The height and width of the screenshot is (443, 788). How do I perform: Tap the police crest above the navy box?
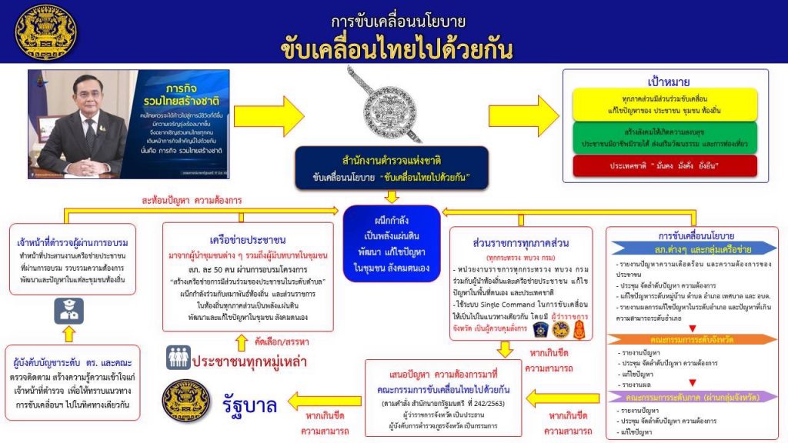coord(394,104)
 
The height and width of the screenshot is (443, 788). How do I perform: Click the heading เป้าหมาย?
coord(664,82)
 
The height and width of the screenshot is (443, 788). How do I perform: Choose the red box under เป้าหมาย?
coord(664,166)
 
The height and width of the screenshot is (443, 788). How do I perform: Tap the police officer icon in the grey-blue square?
coord(64,311)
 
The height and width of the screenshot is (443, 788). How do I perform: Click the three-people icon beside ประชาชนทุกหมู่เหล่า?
coord(179,357)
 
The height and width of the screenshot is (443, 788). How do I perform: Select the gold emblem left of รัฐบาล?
coord(185,401)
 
